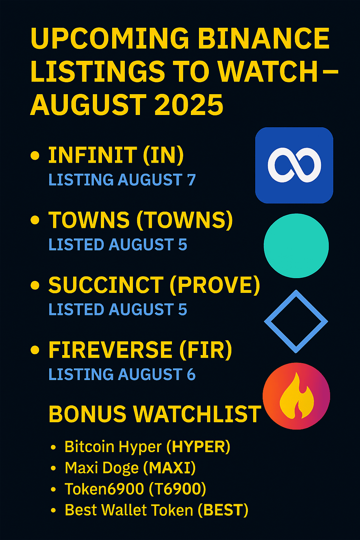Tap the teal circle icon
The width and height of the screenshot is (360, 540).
(x=296, y=246)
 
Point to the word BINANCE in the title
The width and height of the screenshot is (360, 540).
(x=264, y=38)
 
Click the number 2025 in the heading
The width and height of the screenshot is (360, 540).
(x=189, y=105)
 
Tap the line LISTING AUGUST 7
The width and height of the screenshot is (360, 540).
(x=122, y=180)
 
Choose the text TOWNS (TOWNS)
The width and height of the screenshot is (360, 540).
(x=141, y=220)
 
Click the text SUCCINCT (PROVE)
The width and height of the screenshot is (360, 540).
(x=154, y=285)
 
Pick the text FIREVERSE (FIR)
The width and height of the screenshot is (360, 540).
(x=140, y=350)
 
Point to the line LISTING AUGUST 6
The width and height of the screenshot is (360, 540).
(x=122, y=374)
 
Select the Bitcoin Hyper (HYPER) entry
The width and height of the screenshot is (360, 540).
(x=147, y=447)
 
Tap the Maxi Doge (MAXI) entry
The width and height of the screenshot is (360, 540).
(x=130, y=468)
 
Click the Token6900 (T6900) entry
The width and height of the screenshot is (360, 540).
(x=135, y=489)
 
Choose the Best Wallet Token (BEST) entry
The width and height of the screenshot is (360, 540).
(x=156, y=510)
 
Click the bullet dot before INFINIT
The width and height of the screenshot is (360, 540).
(x=35, y=155)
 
